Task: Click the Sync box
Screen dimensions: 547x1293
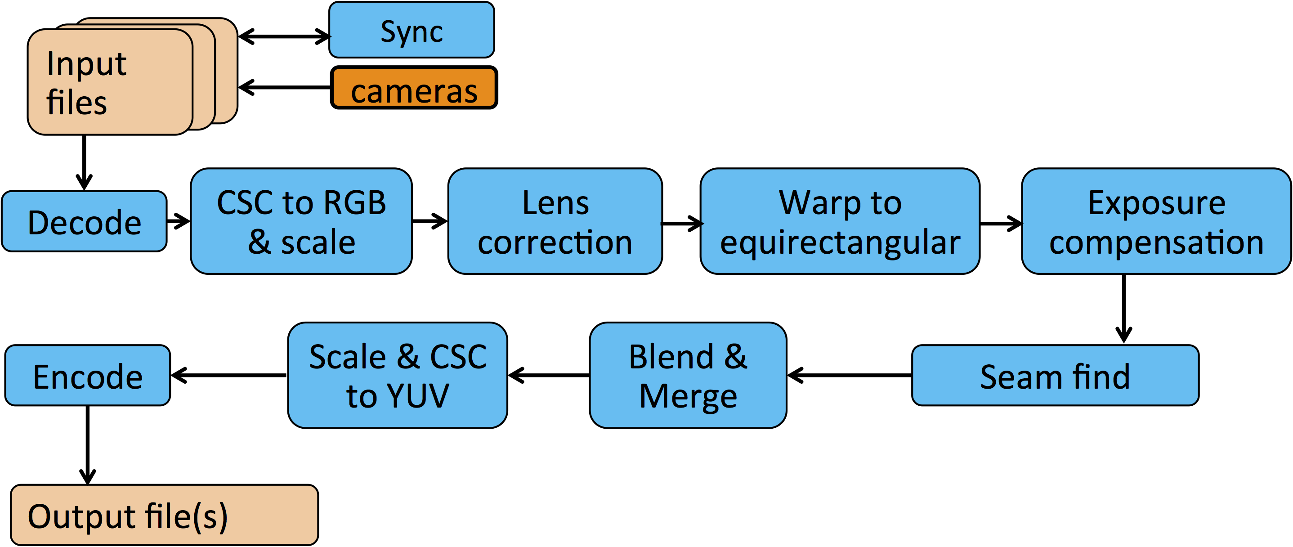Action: tap(412, 30)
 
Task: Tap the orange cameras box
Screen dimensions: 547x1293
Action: tap(414, 88)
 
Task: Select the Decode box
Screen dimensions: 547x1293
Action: tap(85, 221)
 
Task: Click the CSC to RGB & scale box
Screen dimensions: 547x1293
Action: tap(301, 221)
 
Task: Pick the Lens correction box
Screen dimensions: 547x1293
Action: tap(555, 221)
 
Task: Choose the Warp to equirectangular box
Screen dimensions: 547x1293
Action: tap(840, 221)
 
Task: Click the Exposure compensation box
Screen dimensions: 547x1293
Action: tap(1156, 221)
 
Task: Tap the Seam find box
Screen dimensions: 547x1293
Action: tap(1055, 375)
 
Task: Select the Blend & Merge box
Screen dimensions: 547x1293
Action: tap(688, 375)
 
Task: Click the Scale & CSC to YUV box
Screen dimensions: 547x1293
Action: tap(398, 375)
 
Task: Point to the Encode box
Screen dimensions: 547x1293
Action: tap(88, 375)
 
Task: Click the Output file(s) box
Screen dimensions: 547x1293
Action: tap(165, 515)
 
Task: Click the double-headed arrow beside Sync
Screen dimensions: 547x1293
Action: tap(284, 36)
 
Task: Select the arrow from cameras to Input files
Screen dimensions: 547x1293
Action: tap(285, 87)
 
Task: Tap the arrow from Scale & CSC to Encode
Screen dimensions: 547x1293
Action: tap(229, 375)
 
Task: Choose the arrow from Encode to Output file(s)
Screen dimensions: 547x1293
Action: tap(88, 444)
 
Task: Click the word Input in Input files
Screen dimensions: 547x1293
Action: tap(86, 64)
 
